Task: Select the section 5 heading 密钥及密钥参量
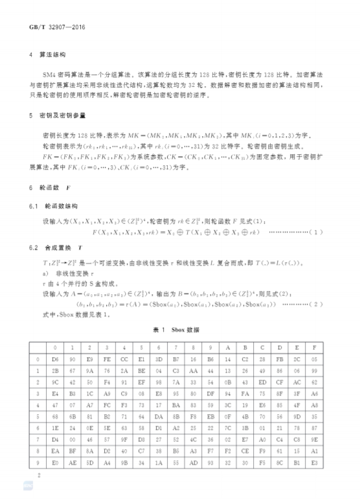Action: [62, 115]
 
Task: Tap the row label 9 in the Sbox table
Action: [38, 463]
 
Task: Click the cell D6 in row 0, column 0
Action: [55, 359]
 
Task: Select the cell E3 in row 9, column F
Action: [314, 463]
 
